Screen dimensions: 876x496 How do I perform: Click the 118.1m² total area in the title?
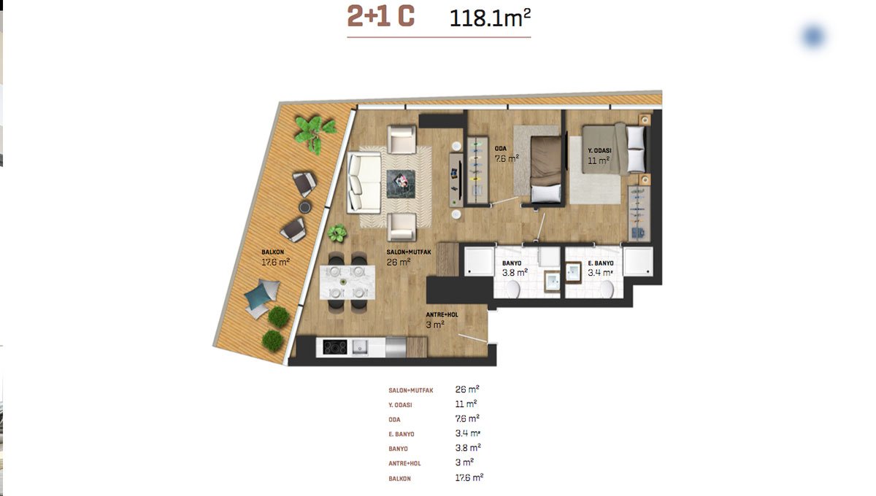pyautogui.click(x=490, y=18)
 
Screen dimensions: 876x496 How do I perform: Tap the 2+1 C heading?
pyautogui.click(x=380, y=17)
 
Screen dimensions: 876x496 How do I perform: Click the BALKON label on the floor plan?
pyautogui.click(x=272, y=252)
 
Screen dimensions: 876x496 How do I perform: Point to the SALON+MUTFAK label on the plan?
pyautogui.click(x=409, y=252)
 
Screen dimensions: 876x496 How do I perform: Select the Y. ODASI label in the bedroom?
pyautogui.click(x=599, y=150)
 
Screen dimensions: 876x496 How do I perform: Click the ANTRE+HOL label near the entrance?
pyautogui.click(x=442, y=314)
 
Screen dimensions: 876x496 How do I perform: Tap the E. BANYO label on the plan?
pyautogui.click(x=601, y=263)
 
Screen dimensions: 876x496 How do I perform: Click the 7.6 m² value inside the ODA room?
pyautogui.click(x=507, y=158)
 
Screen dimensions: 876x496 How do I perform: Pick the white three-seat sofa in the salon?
pyautogui.click(x=364, y=182)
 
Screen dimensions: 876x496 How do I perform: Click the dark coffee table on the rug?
pyautogui.click(x=401, y=184)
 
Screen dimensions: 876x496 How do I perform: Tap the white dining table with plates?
pyautogui.click(x=347, y=282)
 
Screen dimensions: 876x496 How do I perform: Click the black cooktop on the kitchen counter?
pyautogui.click(x=335, y=347)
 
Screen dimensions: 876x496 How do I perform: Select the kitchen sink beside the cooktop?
pyautogui.click(x=360, y=347)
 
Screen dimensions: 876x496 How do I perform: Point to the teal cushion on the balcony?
pyautogui.click(x=258, y=296)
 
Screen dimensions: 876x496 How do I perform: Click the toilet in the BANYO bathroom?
pyautogui.click(x=512, y=290)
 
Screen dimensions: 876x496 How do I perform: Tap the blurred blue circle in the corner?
pyautogui.click(x=814, y=36)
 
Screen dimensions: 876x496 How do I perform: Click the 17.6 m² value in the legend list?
pyautogui.click(x=469, y=477)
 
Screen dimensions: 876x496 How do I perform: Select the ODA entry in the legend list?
pyautogui.click(x=395, y=419)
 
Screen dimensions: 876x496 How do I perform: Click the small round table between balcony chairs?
pyautogui.click(x=305, y=206)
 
